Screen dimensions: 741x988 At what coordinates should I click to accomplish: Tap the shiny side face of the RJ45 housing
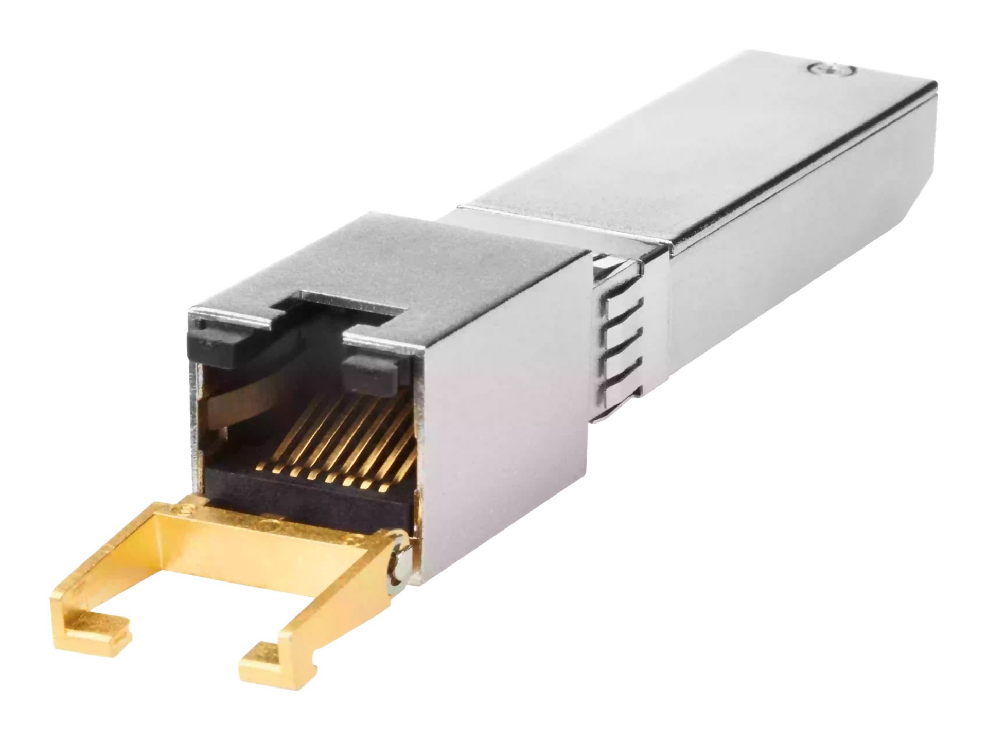point(504,412)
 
